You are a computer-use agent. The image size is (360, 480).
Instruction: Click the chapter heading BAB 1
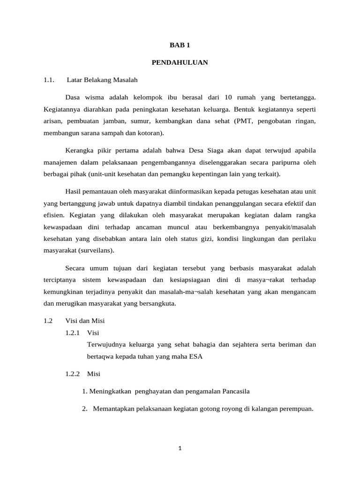point(180,45)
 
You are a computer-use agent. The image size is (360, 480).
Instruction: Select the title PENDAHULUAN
point(180,62)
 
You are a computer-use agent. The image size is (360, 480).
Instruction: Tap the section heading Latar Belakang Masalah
point(102,80)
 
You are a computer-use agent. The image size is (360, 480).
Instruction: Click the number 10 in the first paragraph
point(228,97)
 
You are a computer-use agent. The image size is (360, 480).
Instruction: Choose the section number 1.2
point(48,321)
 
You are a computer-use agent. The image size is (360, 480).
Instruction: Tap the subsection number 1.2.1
point(73,333)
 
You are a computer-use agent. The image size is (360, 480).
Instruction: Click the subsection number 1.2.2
point(73,374)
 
